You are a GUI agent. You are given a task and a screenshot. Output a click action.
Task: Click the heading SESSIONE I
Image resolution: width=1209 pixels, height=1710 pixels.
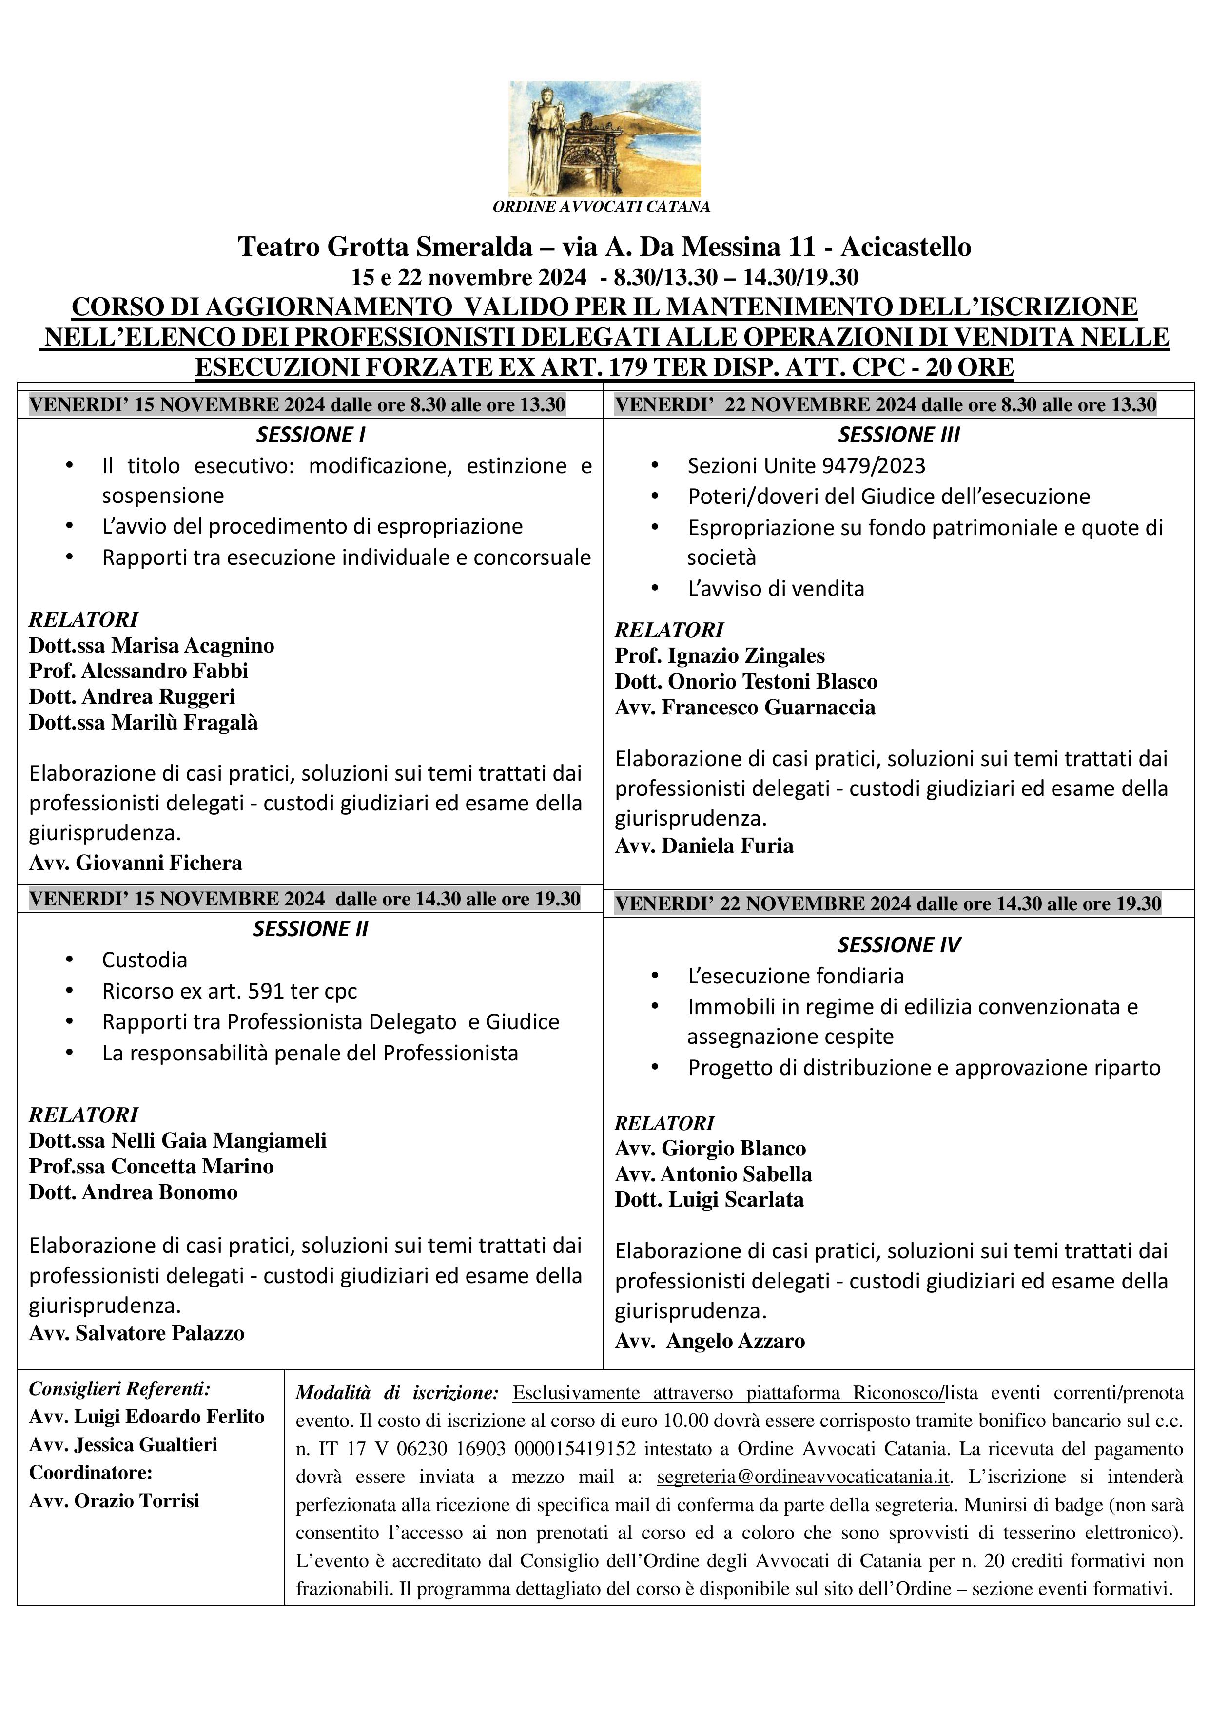pos(311,434)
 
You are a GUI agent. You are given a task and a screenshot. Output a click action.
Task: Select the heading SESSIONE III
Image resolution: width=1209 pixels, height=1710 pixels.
pos(898,434)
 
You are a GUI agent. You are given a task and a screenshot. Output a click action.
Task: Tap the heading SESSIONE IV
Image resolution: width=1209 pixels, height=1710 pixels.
pos(898,944)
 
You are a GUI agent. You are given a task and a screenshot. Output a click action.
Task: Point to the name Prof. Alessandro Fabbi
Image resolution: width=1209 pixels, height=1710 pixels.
pos(138,670)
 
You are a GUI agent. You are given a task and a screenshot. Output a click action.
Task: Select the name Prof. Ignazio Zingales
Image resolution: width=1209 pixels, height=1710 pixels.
pos(720,655)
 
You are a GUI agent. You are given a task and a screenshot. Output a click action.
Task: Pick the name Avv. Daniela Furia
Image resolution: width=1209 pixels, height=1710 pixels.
pos(704,845)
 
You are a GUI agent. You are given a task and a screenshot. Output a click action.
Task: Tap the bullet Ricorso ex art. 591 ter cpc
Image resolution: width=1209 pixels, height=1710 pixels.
pos(230,991)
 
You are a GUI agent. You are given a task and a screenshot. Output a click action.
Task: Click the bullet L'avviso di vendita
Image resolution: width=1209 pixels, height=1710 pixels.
pos(776,588)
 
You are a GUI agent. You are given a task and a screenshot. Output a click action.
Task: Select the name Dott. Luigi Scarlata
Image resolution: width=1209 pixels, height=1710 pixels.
pos(709,1200)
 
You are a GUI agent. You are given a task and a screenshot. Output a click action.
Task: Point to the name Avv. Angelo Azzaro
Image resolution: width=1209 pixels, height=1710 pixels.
pos(710,1341)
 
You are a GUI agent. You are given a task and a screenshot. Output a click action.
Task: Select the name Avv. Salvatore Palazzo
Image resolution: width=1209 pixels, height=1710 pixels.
pos(136,1332)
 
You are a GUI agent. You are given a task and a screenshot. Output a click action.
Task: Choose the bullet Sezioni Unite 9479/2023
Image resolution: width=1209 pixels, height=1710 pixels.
pos(806,465)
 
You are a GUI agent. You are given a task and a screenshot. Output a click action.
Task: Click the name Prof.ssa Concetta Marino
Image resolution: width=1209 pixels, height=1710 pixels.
pos(151,1166)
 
